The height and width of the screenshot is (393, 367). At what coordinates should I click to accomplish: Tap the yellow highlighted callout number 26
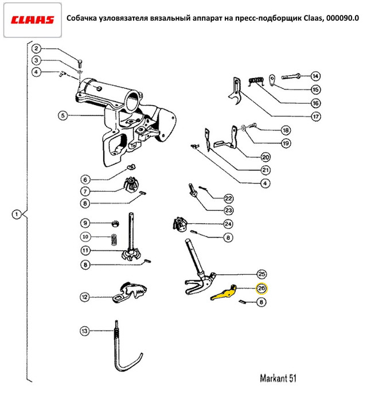pyautogui.click(x=261, y=289)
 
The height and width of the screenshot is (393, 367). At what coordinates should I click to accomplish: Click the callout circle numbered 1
pyautogui.click(x=17, y=215)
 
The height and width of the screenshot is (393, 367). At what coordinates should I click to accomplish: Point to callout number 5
pyautogui.click(x=63, y=115)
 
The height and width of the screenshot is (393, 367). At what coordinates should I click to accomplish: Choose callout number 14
pyautogui.click(x=315, y=76)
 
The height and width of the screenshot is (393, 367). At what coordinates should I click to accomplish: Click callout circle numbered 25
pyautogui.click(x=261, y=274)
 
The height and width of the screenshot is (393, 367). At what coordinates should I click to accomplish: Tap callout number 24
pyautogui.click(x=228, y=224)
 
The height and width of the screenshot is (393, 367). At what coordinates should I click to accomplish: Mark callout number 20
pyautogui.click(x=265, y=157)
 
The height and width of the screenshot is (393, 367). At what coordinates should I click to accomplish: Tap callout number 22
pyautogui.click(x=228, y=199)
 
